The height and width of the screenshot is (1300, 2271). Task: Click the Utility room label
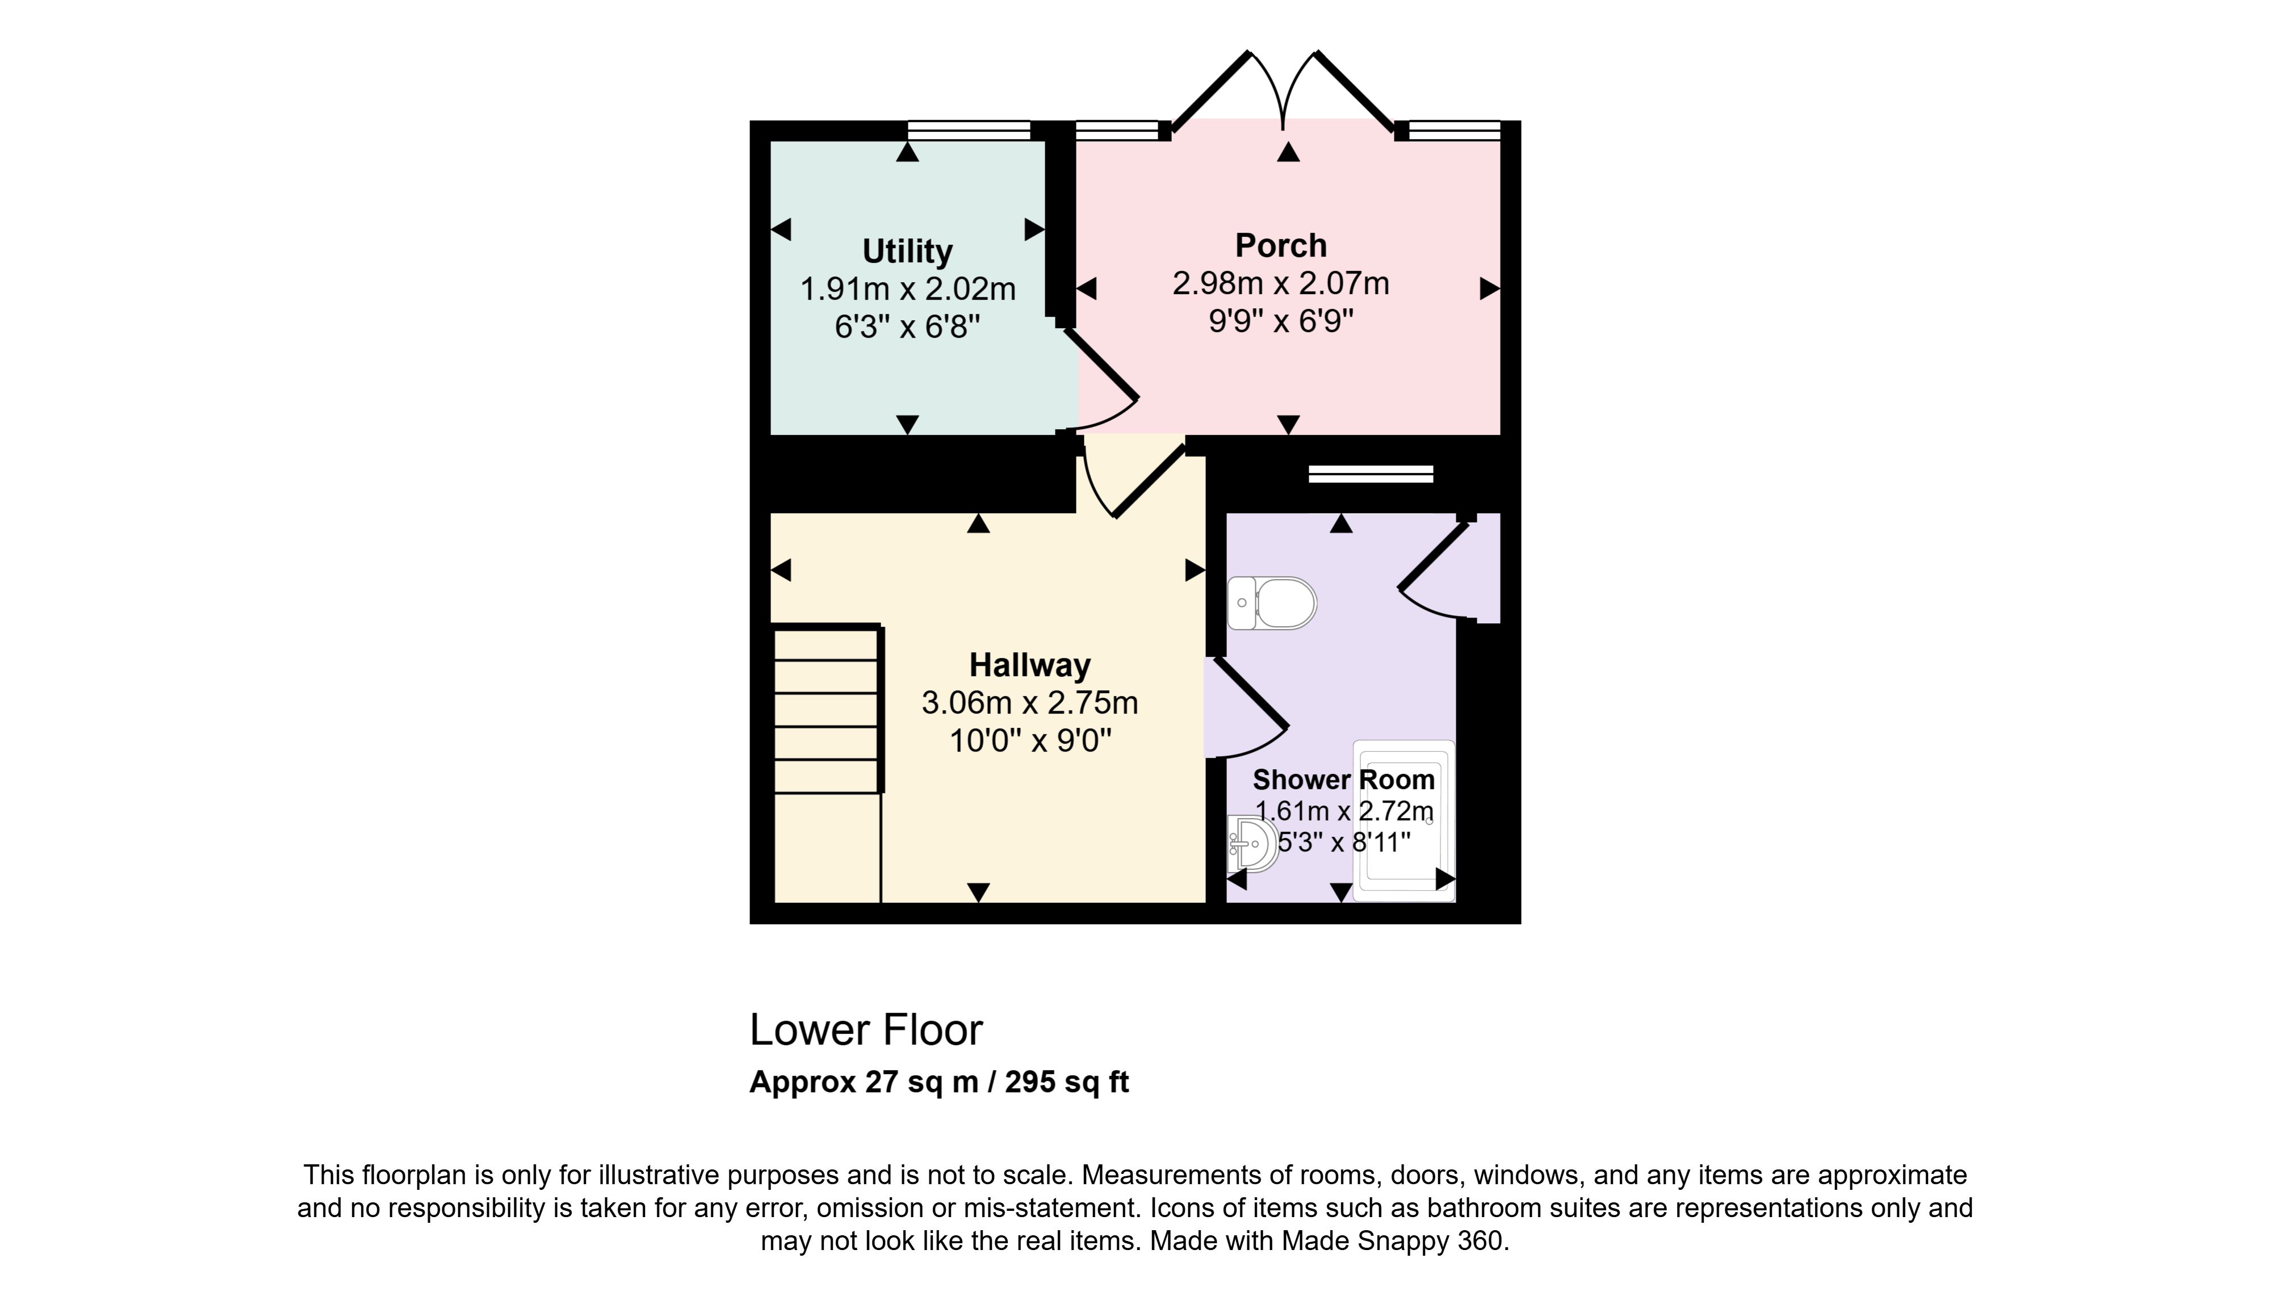[x=907, y=252]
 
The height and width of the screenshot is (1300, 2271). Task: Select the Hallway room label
[x=1029, y=665]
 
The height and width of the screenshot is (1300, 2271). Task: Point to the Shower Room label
[x=1343, y=779]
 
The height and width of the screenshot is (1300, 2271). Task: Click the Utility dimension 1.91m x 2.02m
[x=907, y=290]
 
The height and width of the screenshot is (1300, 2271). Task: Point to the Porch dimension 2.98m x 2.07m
[x=1280, y=283]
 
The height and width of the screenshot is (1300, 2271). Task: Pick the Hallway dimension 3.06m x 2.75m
[x=1029, y=703]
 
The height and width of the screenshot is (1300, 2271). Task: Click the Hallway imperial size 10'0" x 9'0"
[x=1029, y=740]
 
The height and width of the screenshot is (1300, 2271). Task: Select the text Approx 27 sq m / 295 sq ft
[x=939, y=1082]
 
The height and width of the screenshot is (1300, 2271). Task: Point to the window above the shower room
[x=1371, y=474]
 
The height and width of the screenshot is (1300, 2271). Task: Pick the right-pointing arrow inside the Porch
[x=1490, y=288]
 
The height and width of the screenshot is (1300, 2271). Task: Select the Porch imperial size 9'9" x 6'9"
[x=1280, y=321]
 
